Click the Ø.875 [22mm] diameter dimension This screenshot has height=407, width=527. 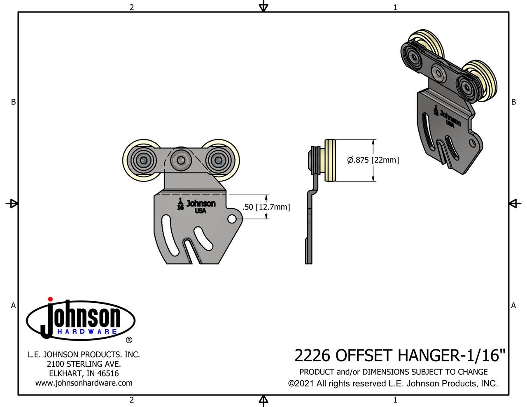[x=373, y=160]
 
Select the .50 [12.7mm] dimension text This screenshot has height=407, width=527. [x=266, y=207]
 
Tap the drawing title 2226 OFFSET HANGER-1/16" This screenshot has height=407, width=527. [x=400, y=355]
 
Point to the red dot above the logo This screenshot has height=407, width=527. [x=50, y=299]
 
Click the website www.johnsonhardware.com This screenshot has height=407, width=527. [x=84, y=383]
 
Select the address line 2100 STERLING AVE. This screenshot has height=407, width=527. [x=84, y=364]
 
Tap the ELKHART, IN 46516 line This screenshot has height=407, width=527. [x=84, y=374]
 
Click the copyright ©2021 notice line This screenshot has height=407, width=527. [x=393, y=384]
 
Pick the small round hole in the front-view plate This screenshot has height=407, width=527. [x=232, y=219]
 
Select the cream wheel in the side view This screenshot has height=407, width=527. [x=331, y=160]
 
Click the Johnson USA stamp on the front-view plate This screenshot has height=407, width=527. [x=201, y=206]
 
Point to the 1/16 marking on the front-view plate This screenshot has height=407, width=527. [x=180, y=204]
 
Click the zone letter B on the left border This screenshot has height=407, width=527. [x=13, y=102]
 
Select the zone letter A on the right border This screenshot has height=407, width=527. [x=513, y=305]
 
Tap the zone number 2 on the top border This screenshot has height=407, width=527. [x=132, y=7]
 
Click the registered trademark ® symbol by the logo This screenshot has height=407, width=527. [x=129, y=340]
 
